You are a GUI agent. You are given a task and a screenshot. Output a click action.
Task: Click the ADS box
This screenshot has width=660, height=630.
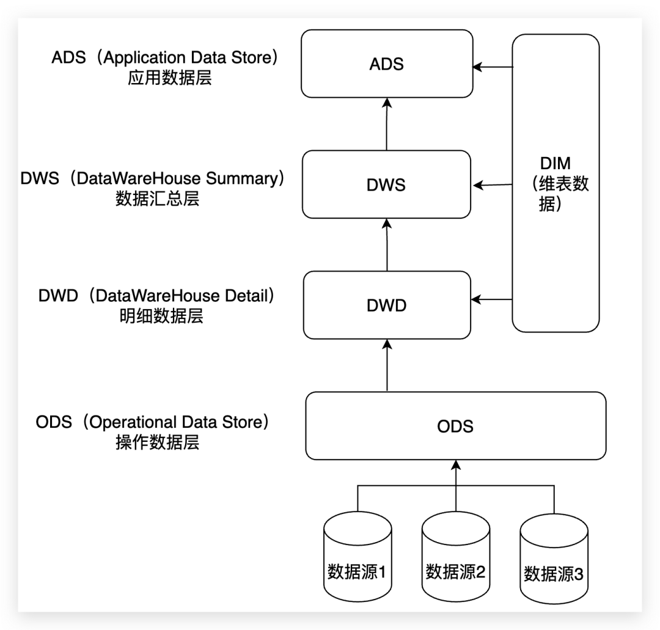[x=387, y=64]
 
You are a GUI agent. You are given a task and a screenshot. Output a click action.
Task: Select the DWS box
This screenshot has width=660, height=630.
[x=387, y=185]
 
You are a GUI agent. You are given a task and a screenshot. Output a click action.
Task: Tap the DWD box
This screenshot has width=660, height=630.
[x=387, y=306]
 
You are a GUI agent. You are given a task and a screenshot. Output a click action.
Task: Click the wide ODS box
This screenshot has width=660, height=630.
[x=455, y=426]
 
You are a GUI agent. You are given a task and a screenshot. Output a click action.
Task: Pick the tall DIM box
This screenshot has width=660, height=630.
[x=555, y=183]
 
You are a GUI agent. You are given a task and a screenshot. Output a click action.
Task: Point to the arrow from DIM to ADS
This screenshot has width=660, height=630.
[x=493, y=67]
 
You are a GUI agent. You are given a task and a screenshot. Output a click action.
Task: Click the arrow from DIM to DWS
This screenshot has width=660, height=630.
[x=493, y=185]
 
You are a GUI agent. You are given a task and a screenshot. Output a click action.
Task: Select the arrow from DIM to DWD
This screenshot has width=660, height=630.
[x=493, y=299]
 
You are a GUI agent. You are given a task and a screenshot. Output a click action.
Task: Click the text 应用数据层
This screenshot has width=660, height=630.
[x=169, y=79]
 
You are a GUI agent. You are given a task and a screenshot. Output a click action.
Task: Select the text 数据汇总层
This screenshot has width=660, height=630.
[x=157, y=199]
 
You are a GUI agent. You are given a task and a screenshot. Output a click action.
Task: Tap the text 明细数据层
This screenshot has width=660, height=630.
[x=161, y=316]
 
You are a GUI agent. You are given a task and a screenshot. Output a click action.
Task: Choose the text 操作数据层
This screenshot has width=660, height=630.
[x=157, y=442]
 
